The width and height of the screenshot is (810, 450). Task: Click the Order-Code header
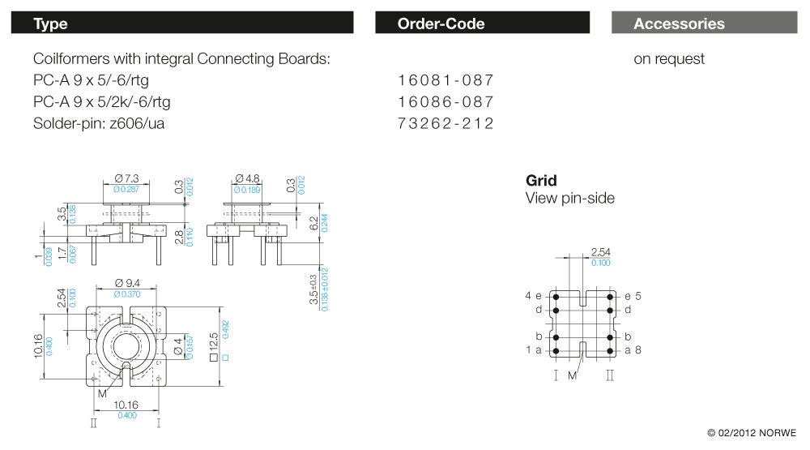point(482,24)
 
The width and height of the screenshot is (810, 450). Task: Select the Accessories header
point(703,24)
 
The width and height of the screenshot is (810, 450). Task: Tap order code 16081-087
point(446,80)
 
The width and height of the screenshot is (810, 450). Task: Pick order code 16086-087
point(446,102)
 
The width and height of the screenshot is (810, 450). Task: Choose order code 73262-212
point(446,123)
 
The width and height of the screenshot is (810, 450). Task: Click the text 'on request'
point(668,59)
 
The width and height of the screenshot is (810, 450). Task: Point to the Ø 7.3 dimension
point(127,178)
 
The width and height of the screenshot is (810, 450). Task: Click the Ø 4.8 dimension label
point(247,178)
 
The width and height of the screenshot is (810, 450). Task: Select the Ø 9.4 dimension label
point(127,283)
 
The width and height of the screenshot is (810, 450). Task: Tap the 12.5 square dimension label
point(215,345)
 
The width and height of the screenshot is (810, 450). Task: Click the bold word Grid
point(541,181)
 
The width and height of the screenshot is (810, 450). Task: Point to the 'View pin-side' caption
point(569,199)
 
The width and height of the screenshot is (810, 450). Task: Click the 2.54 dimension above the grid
point(600,252)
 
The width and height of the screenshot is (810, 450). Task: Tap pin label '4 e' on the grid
point(533,296)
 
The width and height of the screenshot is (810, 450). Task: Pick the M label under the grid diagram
point(572,375)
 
